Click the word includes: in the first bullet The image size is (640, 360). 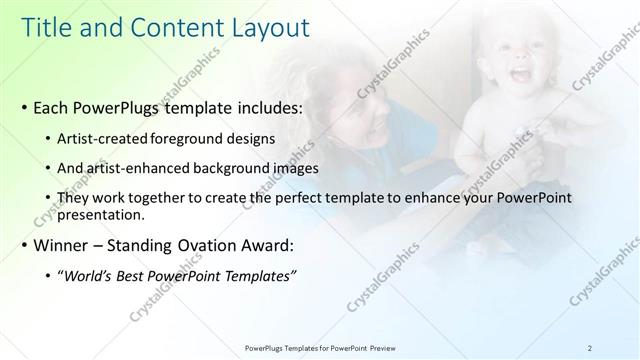point(267,105)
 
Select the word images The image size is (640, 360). point(295,168)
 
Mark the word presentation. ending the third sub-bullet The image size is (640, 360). point(102,214)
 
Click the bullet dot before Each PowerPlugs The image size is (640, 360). point(23,105)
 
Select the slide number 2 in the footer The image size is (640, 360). point(589,348)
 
